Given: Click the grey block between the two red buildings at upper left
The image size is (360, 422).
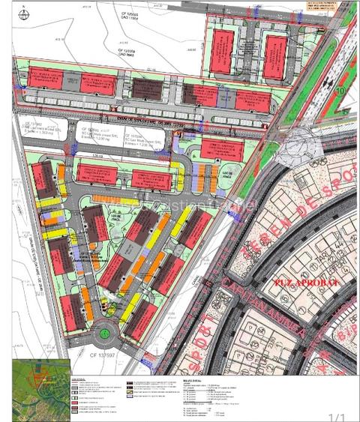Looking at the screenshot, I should coord(82,83).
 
